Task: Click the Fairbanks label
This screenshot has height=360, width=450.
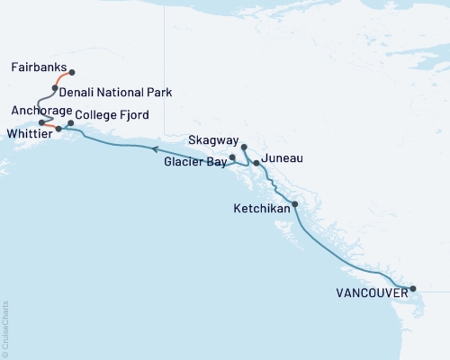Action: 38,67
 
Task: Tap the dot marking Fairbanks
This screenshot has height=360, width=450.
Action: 72,72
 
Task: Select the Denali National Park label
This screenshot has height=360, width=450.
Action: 115,92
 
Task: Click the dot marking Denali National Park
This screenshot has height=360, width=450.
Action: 55,88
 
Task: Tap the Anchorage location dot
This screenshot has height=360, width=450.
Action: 42,121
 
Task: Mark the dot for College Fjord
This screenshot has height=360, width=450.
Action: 70,122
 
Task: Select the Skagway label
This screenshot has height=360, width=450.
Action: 213,141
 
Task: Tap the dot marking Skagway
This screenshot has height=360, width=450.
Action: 244,146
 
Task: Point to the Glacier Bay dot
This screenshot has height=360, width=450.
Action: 232,157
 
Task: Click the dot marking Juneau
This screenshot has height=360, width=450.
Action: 256,163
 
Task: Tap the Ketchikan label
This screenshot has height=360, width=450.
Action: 260,208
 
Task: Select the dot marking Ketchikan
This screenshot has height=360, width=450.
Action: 295,204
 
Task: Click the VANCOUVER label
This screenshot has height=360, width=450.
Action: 369,293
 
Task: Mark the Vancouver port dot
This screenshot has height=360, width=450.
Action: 413,289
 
